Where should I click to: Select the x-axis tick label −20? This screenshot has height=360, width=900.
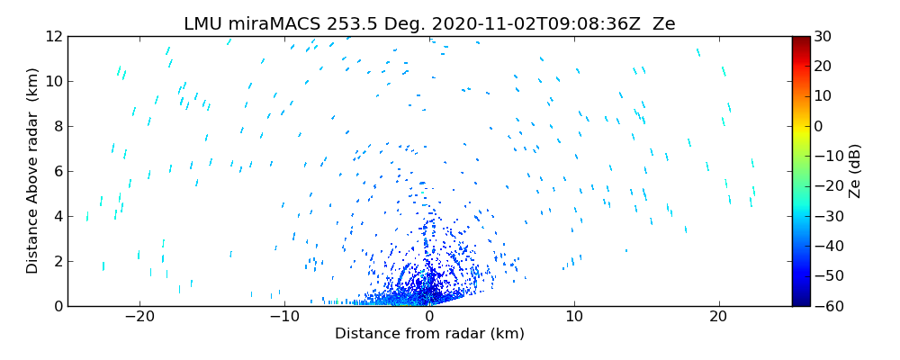pos(139,317)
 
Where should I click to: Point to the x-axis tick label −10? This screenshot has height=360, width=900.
pos(283,317)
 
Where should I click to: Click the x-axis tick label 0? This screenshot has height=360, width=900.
pos(429,317)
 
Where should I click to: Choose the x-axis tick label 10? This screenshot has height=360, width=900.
pos(574,317)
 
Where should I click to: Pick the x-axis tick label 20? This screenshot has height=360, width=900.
pos(718,317)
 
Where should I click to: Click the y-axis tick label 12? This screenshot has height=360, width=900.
pos(52,37)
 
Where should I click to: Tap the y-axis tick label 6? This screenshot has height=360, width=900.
pos(56,171)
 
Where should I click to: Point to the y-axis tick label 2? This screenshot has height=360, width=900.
pos(56,261)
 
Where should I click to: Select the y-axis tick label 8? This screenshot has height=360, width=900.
pos(56,126)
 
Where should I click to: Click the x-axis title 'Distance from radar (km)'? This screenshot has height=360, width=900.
pos(429,334)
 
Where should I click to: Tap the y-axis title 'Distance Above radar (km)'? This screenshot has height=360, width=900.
pos(33,171)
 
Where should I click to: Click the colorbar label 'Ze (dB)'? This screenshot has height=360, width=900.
pos(855,171)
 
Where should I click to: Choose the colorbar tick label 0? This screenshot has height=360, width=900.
pos(823,126)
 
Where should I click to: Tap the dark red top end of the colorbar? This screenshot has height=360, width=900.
pos(801,40)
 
